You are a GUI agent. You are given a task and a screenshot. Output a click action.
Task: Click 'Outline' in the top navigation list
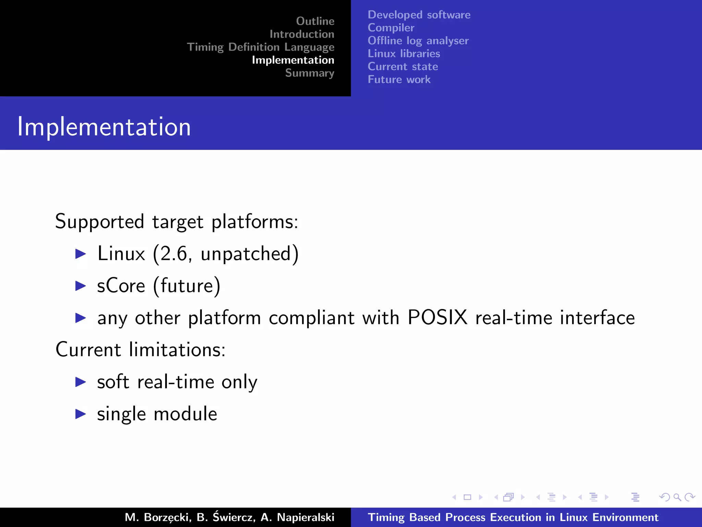tap(315, 21)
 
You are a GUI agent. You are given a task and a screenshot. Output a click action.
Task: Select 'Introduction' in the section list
tap(302, 34)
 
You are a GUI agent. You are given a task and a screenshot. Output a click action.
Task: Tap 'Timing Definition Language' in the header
tap(261, 47)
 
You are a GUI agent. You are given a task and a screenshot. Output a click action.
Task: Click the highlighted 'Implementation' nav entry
tap(293, 60)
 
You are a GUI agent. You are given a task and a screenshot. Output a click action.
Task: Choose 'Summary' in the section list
tap(310, 73)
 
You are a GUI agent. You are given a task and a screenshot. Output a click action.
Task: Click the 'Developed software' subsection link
tap(419, 15)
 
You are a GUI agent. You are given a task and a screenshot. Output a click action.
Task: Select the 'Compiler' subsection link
tap(391, 28)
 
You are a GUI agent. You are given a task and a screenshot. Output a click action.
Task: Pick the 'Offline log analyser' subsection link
tap(418, 41)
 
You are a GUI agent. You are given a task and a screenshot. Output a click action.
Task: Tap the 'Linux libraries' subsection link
tap(404, 54)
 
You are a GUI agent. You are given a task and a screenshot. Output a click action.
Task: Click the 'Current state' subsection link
tap(403, 67)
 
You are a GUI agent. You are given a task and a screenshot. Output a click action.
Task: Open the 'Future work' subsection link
tap(399, 80)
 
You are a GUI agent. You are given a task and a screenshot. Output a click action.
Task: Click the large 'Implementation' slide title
tap(104, 127)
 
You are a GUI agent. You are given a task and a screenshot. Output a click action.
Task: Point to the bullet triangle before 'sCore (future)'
tap(81, 286)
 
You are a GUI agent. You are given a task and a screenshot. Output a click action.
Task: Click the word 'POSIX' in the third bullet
tap(437, 317)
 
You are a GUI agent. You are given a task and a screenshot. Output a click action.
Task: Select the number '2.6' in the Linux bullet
tap(174, 254)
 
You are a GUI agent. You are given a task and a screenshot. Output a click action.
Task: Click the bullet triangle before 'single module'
tap(81, 414)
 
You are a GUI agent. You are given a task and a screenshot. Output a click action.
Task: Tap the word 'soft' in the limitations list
tap(113, 382)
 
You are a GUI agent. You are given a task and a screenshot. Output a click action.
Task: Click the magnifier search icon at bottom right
tap(677, 497)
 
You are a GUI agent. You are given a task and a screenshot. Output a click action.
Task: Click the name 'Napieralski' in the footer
tap(305, 517)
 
